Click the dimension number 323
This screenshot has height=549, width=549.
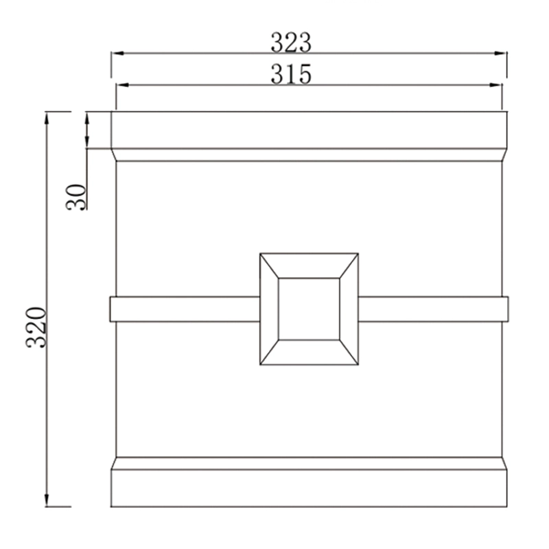coord(291,43)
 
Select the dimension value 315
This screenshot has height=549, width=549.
coord(291,73)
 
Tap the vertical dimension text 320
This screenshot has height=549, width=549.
coord(36,327)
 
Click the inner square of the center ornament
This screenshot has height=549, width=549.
coord(309,309)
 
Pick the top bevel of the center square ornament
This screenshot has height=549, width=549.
coord(309,266)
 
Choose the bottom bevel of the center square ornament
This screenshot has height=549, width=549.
coord(309,352)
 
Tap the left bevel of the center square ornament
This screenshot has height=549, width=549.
coord(269,309)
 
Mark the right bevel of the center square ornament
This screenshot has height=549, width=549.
coord(349,309)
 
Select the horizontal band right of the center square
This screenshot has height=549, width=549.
coord(432,309)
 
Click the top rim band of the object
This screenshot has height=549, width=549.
coord(309,130)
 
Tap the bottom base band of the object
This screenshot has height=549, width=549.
coord(309,488)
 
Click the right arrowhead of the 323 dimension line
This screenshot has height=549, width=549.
coord(501,54)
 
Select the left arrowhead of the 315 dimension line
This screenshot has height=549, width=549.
coord(121,85)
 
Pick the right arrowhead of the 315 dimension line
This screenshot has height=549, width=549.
coord(497,85)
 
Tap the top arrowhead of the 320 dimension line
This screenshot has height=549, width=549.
coord(47,117)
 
